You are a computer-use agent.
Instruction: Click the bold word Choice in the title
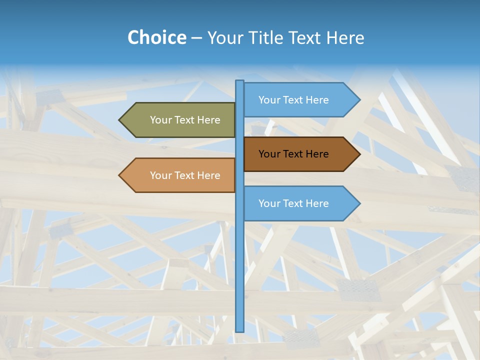pos(156,37)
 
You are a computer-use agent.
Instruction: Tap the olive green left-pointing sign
pos(180,120)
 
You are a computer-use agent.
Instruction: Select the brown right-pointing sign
pos(297,154)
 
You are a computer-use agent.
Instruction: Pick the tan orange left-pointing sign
pos(180,175)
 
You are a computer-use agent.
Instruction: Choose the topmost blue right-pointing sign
pos(297,100)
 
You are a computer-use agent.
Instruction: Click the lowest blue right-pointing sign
pos(297,203)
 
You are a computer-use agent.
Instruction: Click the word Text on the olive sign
pos(185,120)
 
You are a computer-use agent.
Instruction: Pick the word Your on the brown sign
pos(269,154)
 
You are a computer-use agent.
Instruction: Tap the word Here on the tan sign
pos(208,175)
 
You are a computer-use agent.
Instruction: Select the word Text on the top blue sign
pos(293,100)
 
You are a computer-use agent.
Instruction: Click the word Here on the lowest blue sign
pos(317,203)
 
